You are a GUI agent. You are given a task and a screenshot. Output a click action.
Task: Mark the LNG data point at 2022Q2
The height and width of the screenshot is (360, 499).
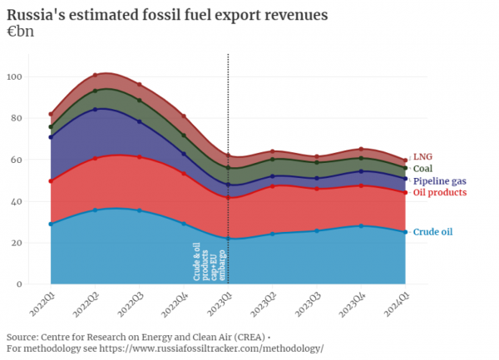(96, 75)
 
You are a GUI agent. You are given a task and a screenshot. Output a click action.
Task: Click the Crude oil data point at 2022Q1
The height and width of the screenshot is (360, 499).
(51, 224)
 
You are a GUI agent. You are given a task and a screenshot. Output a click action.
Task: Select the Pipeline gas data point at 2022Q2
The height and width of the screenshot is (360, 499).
(96, 110)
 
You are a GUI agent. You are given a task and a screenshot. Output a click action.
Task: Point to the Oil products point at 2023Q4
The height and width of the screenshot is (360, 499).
(362, 185)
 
